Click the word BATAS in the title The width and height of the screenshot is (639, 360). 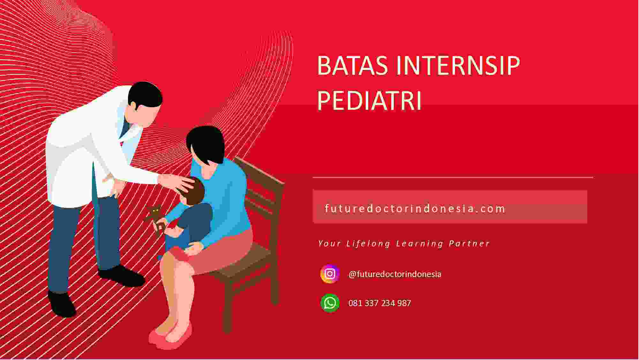(x=352, y=65)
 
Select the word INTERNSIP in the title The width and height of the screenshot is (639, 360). (x=458, y=65)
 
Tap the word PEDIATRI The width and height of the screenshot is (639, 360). (x=369, y=101)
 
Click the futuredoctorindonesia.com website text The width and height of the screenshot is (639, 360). (x=415, y=209)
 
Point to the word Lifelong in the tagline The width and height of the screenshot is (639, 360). (x=368, y=244)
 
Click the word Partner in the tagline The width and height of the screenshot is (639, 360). (x=469, y=244)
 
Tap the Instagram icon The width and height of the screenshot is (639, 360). (x=330, y=274)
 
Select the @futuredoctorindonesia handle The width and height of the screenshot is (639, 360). (x=395, y=274)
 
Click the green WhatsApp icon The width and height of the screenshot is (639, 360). (x=330, y=303)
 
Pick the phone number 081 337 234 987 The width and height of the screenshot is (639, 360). (x=380, y=303)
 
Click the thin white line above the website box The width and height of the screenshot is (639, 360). (x=453, y=177)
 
